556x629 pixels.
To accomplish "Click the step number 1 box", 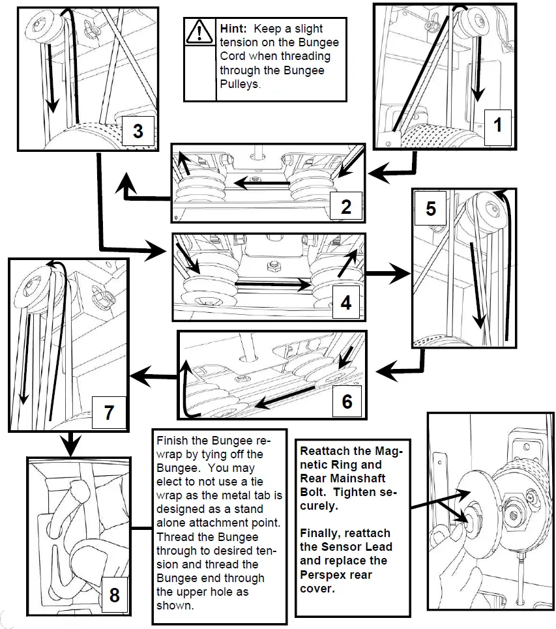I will (x=498, y=124).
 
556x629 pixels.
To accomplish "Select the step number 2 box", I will (x=346, y=207).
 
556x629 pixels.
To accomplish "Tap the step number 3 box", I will (x=138, y=130).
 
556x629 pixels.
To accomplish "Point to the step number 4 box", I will (x=346, y=302).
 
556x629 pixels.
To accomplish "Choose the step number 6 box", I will (x=347, y=401).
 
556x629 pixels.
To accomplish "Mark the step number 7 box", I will (x=109, y=412).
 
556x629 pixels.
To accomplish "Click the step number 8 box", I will (x=115, y=594).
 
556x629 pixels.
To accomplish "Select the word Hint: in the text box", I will (x=233, y=29).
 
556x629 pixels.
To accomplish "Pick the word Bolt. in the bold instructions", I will (x=314, y=491).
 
